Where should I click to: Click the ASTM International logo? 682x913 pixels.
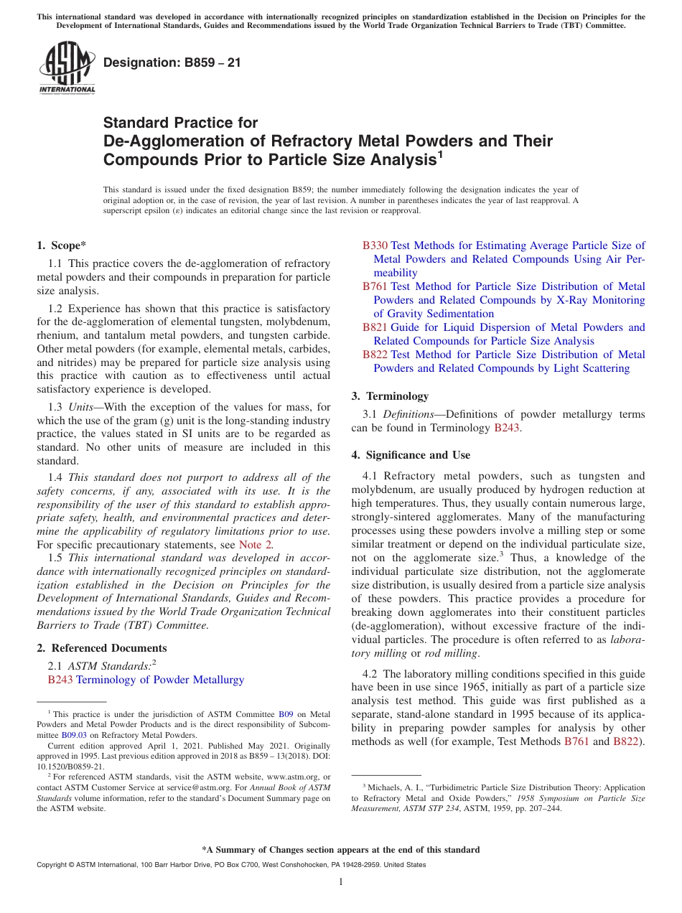[66, 69]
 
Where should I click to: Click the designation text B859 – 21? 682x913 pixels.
[172, 63]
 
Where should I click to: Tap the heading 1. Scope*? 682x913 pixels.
[62, 245]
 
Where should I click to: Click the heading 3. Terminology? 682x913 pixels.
[390, 396]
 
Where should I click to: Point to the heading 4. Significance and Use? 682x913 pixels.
[411, 455]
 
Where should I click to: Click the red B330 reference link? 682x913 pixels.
[375, 245]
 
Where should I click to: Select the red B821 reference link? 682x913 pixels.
[375, 327]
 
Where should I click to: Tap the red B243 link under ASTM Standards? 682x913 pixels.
[60, 680]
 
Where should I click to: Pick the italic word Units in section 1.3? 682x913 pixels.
[79, 408]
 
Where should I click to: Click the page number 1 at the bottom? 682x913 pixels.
[340, 881]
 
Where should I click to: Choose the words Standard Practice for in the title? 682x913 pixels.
[180, 123]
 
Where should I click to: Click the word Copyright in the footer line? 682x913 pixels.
[52, 865]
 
